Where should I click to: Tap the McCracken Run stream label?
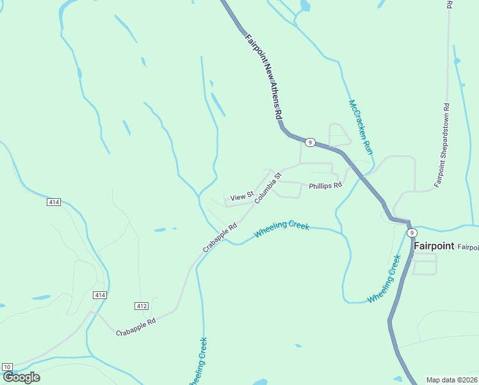pos(360,126)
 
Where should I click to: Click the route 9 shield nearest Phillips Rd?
pos(310,142)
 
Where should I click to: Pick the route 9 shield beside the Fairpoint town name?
pos(412,232)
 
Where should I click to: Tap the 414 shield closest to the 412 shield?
pos(99,295)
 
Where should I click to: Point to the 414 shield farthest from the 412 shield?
pos(54,202)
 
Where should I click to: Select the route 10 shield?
pos(7,366)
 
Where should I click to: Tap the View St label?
pos(242,196)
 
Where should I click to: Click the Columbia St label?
pos(268,188)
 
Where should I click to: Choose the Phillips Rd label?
pos(325,185)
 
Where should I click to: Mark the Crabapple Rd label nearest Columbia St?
pos(220,237)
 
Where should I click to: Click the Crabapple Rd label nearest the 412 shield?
pos(136,327)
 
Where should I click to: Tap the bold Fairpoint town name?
pos(434,246)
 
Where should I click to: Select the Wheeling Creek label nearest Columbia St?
pos(282,230)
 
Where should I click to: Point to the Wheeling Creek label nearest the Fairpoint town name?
pos(384,280)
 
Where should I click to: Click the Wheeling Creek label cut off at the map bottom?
pos(199,363)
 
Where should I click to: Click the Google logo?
pos(21,377)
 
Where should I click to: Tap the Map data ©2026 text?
pos(451,380)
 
